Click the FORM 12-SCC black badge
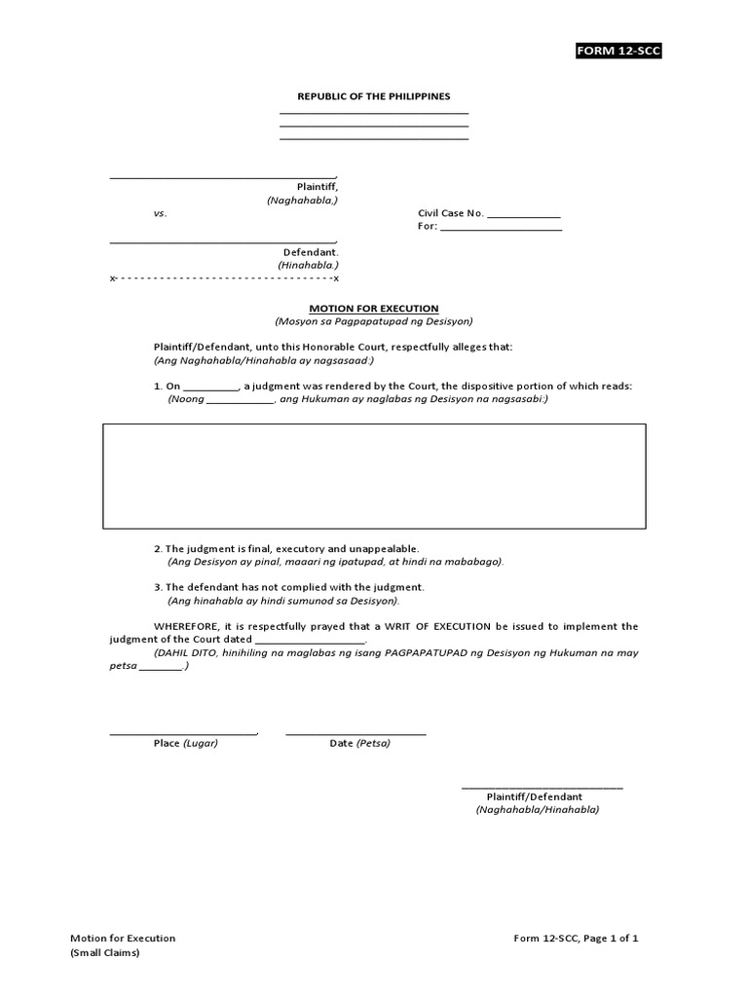click(x=618, y=51)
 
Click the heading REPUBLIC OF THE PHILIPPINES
click(x=374, y=96)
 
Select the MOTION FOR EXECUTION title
click(x=374, y=308)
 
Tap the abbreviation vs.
click(x=160, y=213)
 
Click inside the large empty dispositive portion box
click(x=374, y=476)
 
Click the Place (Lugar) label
click(x=186, y=743)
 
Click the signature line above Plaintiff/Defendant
click(x=542, y=787)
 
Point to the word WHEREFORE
click(x=184, y=626)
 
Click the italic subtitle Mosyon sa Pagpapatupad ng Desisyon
click(x=374, y=321)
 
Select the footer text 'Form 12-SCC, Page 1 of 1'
click(x=577, y=939)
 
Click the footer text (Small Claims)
click(x=105, y=953)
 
